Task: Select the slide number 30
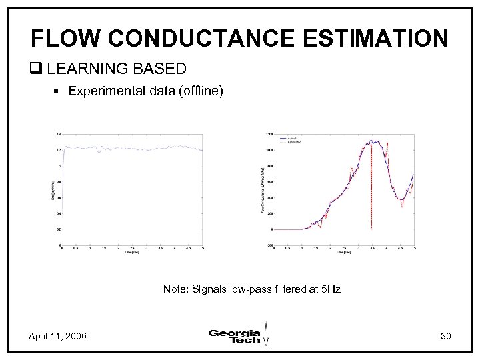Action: pos(445,336)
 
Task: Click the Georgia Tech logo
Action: pos(239,335)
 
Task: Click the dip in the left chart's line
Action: pos(99,153)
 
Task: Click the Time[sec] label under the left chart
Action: pos(131,253)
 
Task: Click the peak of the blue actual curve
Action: pos(375,141)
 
